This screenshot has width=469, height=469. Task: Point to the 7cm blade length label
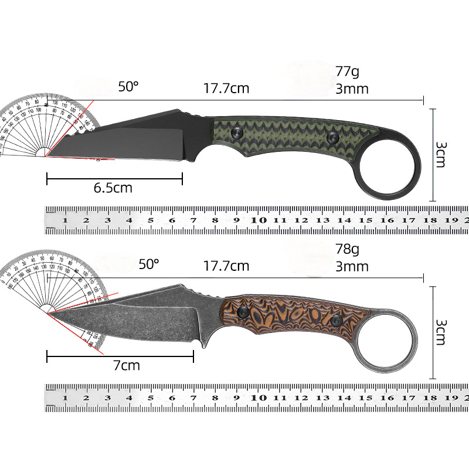126,365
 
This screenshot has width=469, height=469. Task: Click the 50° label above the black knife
128,87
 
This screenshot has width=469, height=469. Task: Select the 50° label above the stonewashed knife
149,264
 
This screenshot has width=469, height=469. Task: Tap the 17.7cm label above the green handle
226,89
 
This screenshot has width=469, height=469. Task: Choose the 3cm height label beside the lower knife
441,332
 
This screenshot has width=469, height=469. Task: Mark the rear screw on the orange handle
337,321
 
